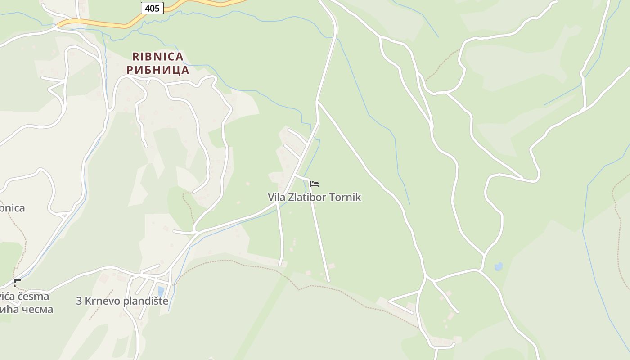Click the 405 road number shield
(x=152, y=8)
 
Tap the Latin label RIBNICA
(x=157, y=57)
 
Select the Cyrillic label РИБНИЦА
(x=157, y=70)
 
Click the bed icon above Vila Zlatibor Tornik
(x=315, y=184)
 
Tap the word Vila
(x=276, y=198)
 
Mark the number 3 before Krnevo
(x=79, y=301)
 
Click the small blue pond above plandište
(x=161, y=291)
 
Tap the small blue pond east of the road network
(x=498, y=267)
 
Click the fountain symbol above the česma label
(x=17, y=283)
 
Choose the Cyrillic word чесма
(x=34, y=309)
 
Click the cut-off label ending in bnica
(x=12, y=208)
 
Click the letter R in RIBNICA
(x=136, y=57)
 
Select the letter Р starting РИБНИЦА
(x=130, y=70)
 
